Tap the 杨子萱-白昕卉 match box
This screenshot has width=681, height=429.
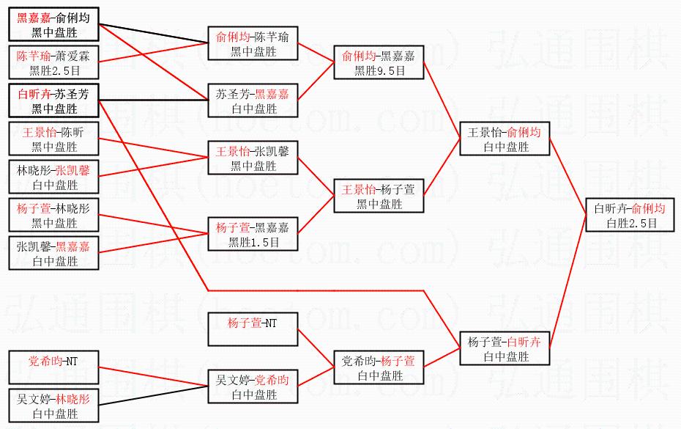pos(505,349)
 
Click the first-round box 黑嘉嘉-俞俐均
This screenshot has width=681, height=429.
pos(55,25)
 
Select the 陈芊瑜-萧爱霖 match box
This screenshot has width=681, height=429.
pos(55,63)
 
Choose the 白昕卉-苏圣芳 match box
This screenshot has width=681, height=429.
pos(55,101)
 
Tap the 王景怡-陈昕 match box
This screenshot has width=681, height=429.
pos(55,139)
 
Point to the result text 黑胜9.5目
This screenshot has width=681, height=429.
pos(379,71)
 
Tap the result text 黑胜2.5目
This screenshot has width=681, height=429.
pos(55,71)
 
